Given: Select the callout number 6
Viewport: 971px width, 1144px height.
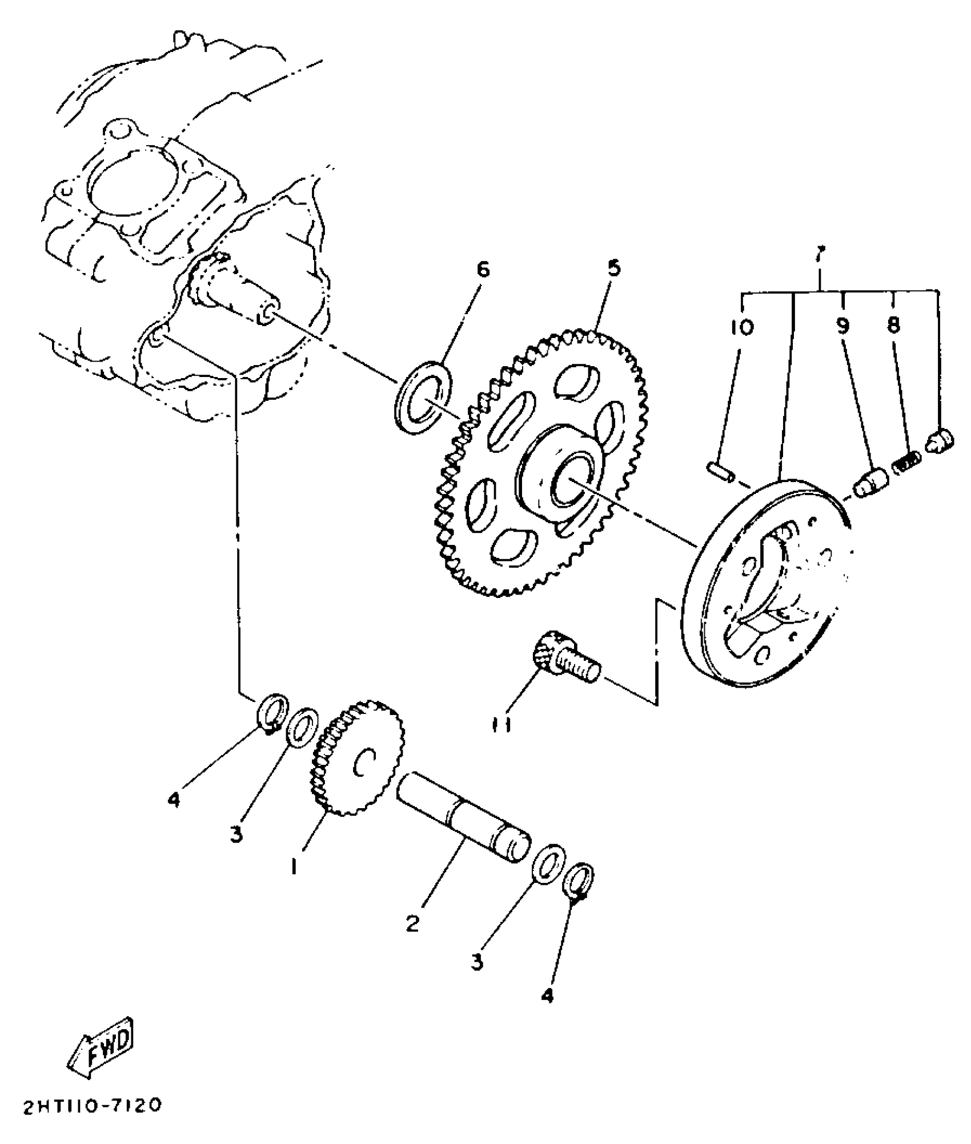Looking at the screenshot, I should tap(483, 270).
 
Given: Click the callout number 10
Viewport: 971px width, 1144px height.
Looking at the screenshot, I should tap(741, 327).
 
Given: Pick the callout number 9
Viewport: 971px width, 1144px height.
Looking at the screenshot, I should tap(842, 326).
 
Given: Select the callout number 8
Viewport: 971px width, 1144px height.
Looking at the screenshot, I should tap(893, 326).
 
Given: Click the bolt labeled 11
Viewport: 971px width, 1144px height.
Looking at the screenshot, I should tap(566, 661).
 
